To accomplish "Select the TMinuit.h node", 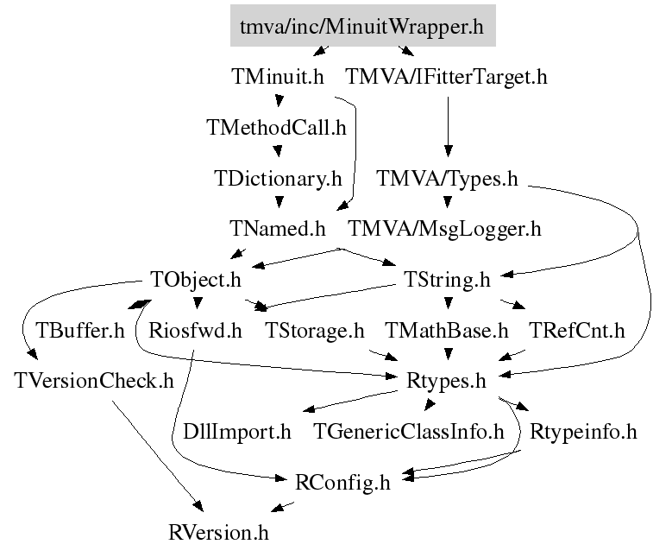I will pyautogui.click(x=278, y=77).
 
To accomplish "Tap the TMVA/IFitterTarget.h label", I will pyautogui.click(x=447, y=77).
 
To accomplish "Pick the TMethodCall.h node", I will pyautogui.click(x=276, y=128).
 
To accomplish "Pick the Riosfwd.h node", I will pyautogui.click(x=195, y=331).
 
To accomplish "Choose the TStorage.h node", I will pyautogui.click(x=315, y=331).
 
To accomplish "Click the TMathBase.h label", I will pyautogui.click(x=447, y=331).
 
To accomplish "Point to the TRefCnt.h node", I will pyautogui.click(x=576, y=331).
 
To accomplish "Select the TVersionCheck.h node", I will pyautogui.click(x=94, y=381).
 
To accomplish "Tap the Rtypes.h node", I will pyautogui.click(x=447, y=381).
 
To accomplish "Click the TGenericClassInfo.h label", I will pyautogui.click(x=408, y=431).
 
